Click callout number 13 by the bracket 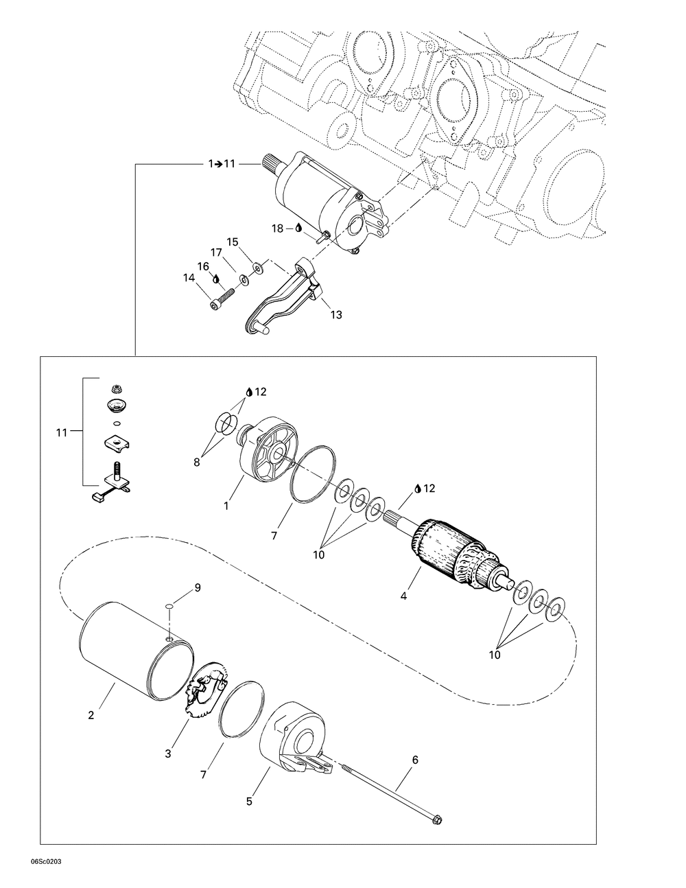pyautogui.click(x=335, y=314)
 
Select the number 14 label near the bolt pyautogui.click(x=189, y=278)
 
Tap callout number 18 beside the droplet pyautogui.click(x=277, y=229)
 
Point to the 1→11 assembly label pyautogui.click(x=222, y=164)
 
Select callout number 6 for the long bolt pyautogui.click(x=415, y=760)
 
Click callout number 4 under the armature pyautogui.click(x=403, y=596)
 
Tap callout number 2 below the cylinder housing pyautogui.click(x=91, y=715)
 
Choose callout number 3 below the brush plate pyautogui.click(x=167, y=754)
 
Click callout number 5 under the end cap pyautogui.click(x=250, y=801)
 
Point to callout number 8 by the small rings pyautogui.click(x=196, y=463)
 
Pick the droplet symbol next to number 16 pyautogui.click(x=216, y=279)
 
